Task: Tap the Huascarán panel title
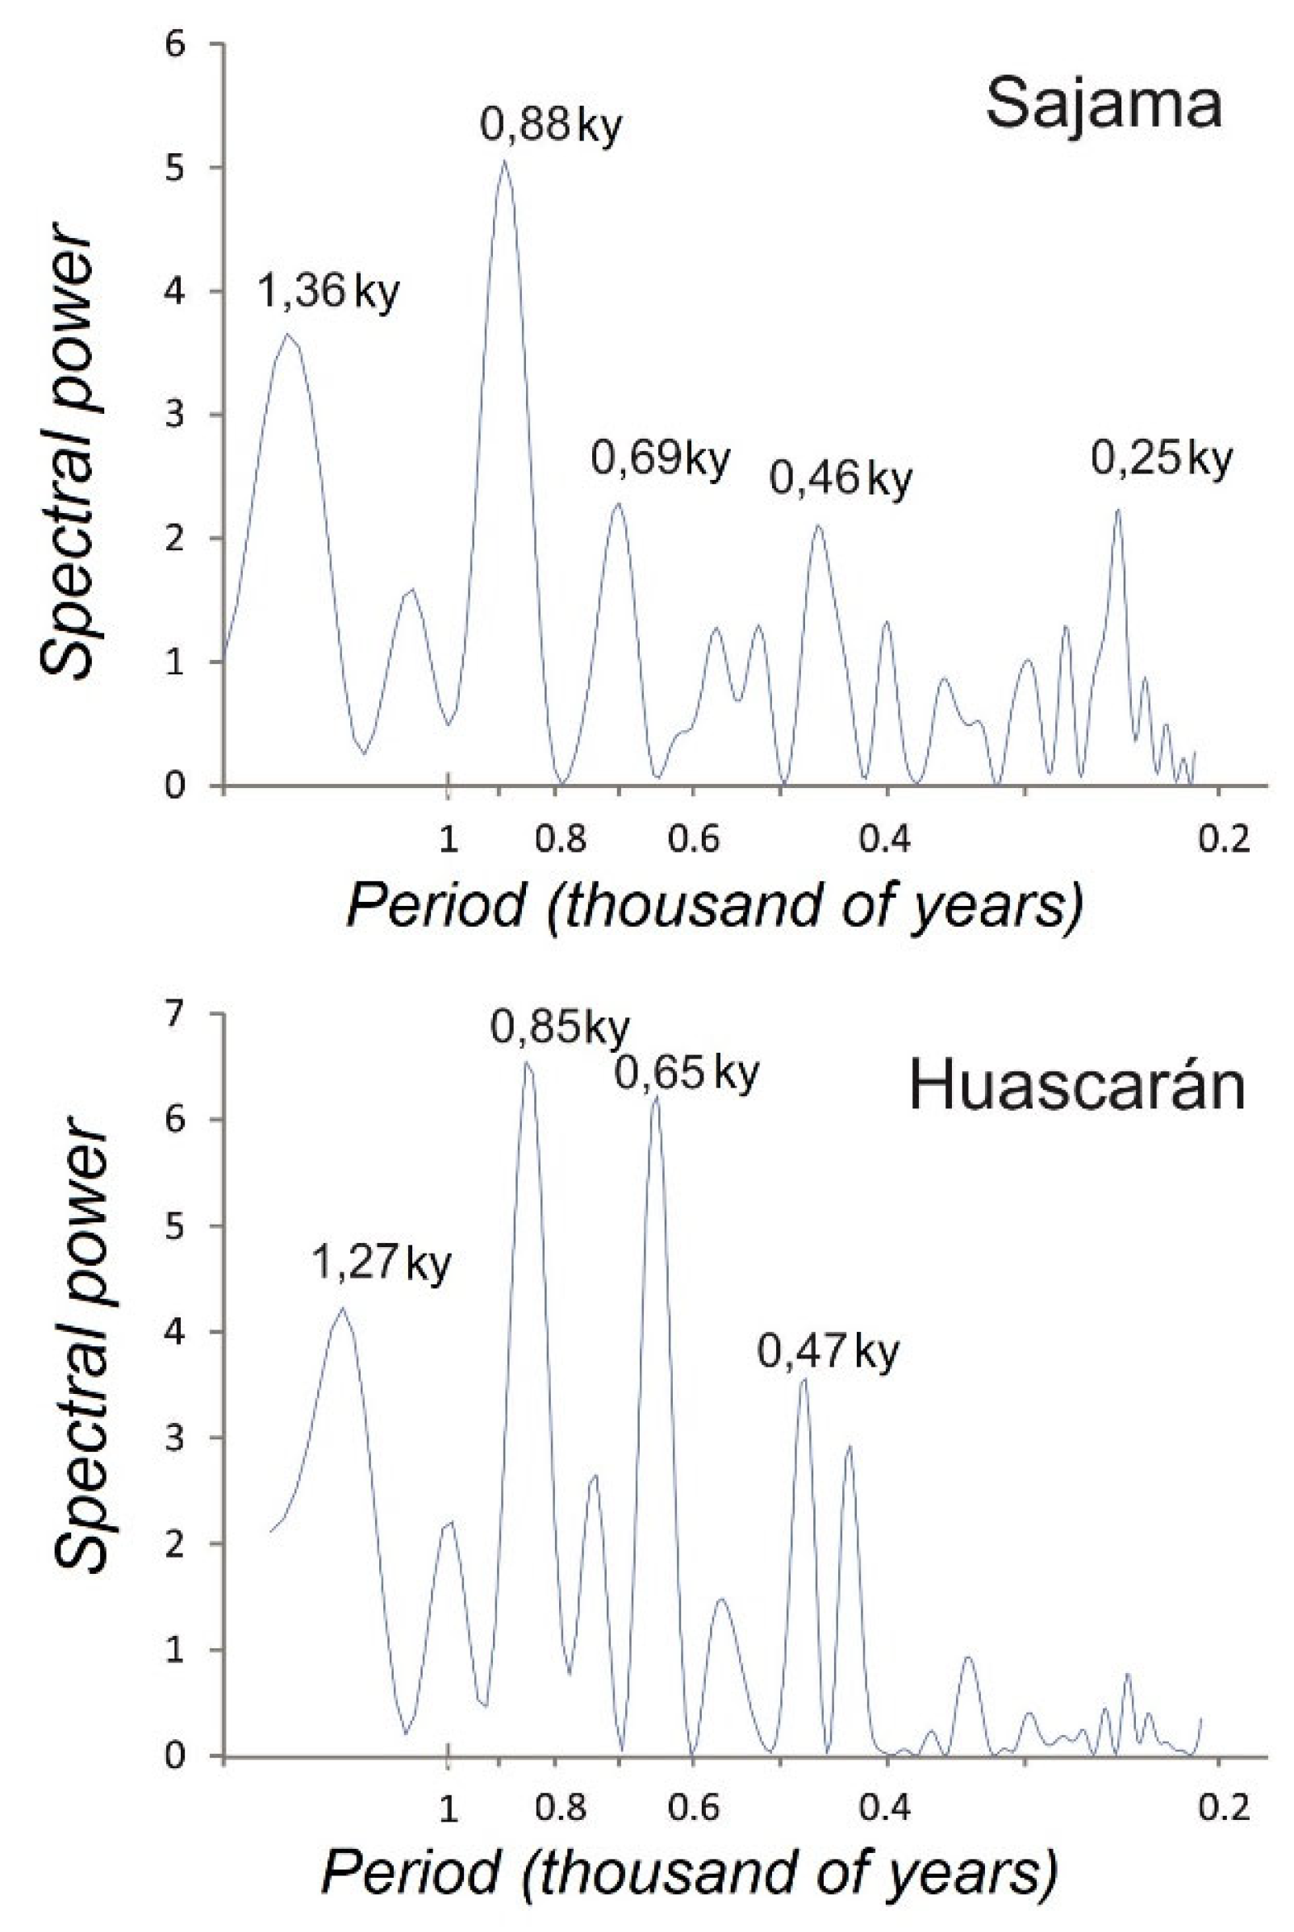1076,1087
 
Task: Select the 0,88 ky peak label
550,126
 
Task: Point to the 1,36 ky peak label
328,291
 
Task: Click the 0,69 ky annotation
660,459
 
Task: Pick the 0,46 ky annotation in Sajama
841,478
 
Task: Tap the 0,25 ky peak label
1161,458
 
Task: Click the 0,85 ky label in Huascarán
561,1029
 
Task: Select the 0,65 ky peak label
686,1074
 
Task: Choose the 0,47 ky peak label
828,1352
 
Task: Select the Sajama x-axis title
714,906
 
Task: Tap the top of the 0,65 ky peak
656,1098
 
